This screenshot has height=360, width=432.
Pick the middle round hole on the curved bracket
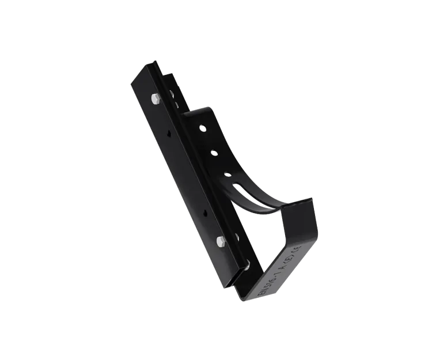(x=214, y=153)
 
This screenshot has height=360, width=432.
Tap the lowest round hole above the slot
(x=227, y=172)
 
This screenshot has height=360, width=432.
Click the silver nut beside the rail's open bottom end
(x=247, y=264)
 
